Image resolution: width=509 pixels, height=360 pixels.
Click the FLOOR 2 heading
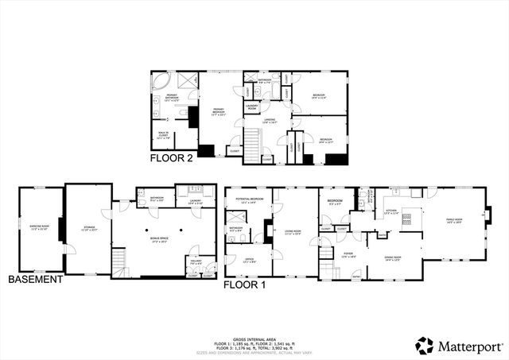[171, 158]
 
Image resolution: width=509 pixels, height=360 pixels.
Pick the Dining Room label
[392, 258]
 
